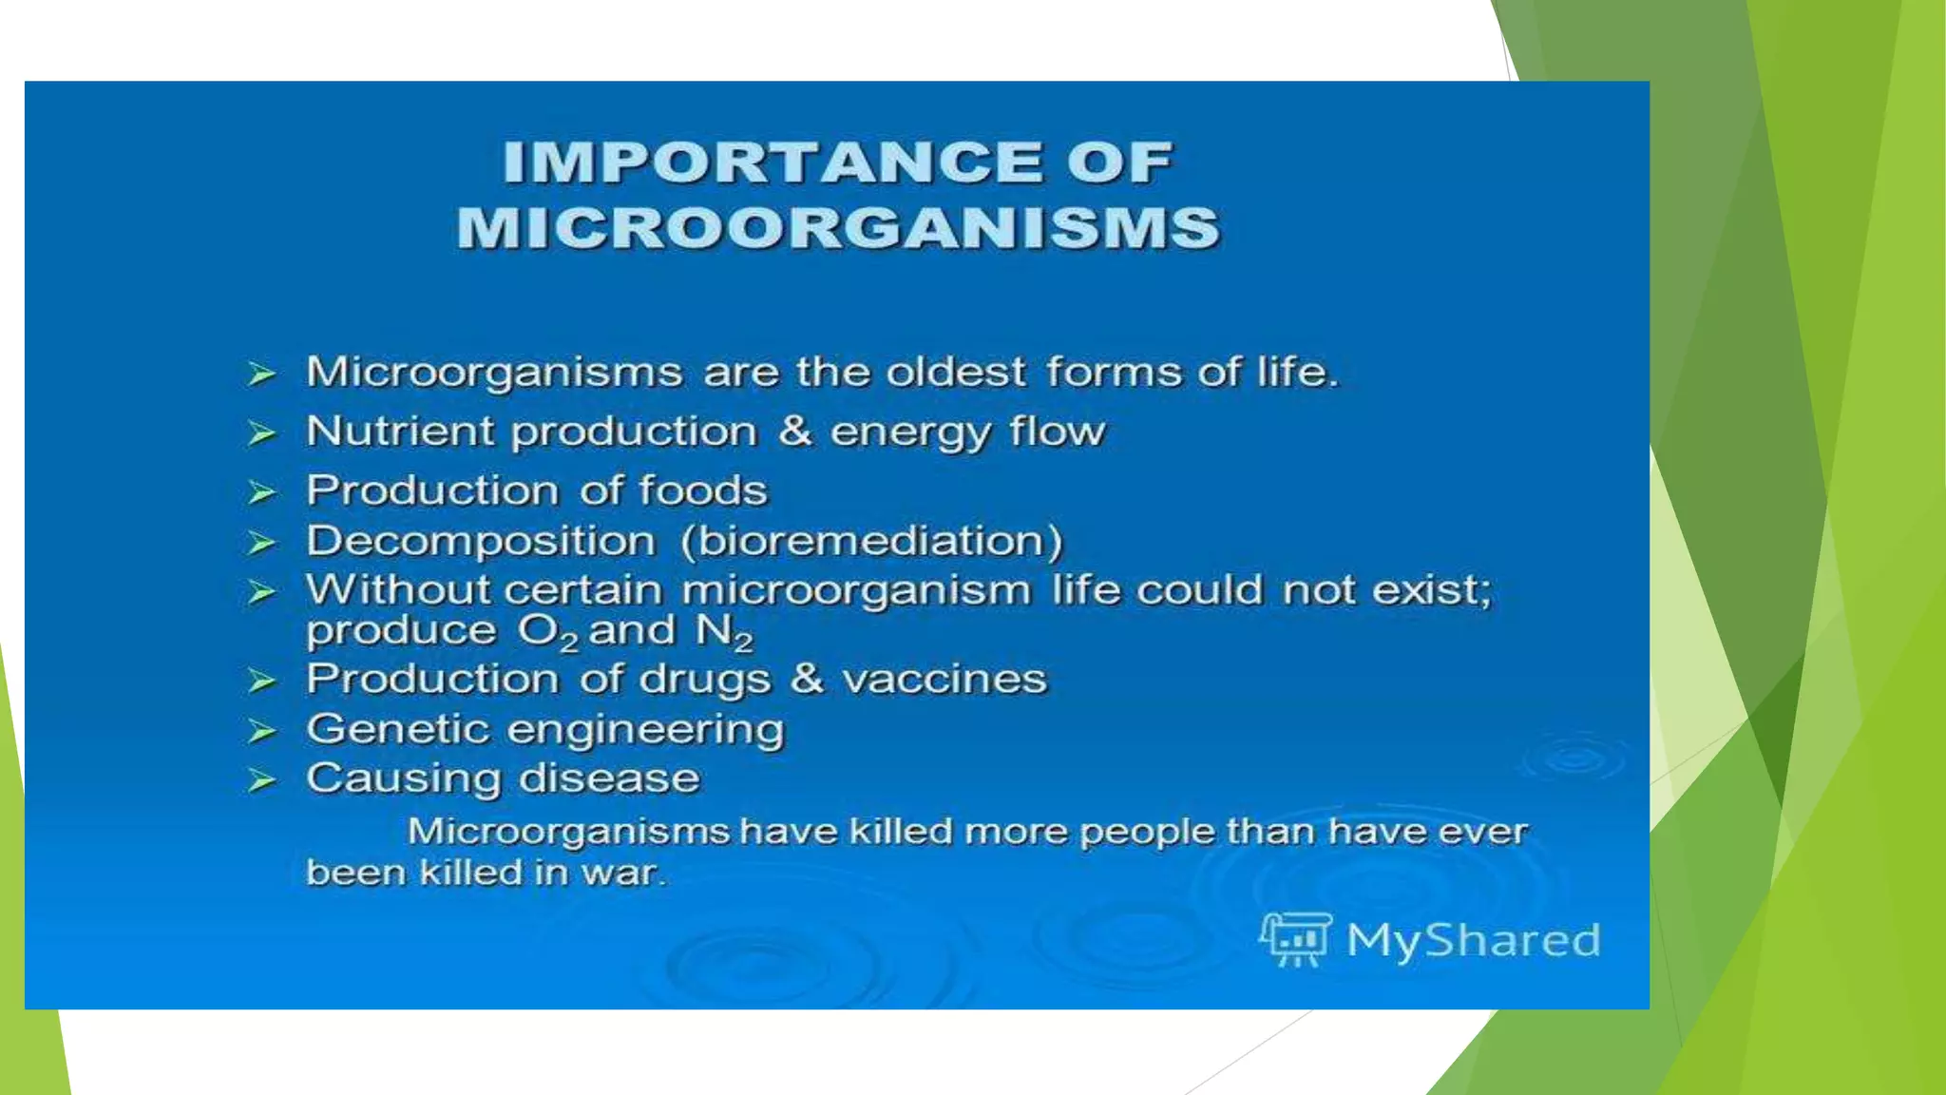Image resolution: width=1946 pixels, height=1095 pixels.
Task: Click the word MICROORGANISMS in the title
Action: click(x=838, y=229)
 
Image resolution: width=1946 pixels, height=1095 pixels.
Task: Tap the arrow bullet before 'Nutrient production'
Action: click(x=261, y=433)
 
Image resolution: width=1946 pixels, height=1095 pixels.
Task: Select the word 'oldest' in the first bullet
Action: click(x=956, y=372)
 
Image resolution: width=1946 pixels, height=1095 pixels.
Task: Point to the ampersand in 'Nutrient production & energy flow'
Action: click(x=794, y=431)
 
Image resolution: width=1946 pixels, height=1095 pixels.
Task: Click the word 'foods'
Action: click(x=702, y=490)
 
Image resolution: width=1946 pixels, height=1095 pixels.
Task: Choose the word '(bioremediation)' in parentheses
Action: click(x=871, y=541)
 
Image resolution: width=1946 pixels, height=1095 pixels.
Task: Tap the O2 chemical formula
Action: click(x=547, y=632)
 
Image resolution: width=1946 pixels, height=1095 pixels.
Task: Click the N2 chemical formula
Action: click(x=724, y=632)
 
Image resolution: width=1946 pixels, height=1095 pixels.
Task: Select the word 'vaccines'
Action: click(x=944, y=679)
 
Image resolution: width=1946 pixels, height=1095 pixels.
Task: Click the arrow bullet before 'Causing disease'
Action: click(x=261, y=780)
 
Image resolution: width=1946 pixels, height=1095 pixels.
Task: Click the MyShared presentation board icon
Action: click(x=1295, y=939)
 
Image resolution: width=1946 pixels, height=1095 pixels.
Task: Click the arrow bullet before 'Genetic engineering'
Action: click(x=261, y=731)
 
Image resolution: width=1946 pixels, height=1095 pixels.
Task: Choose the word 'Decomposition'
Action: click(x=481, y=542)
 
